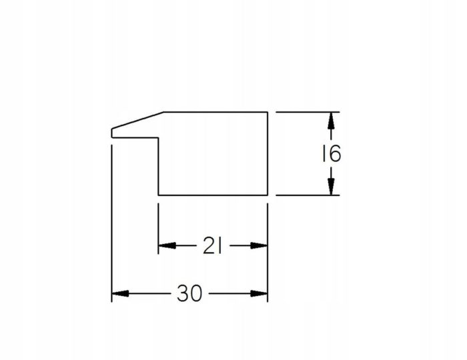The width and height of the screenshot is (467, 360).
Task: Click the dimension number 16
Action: click(x=332, y=154)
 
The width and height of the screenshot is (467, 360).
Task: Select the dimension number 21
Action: click(x=212, y=246)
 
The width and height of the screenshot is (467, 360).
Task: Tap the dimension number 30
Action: click(x=189, y=293)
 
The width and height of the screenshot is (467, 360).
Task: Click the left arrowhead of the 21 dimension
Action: click(x=167, y=246)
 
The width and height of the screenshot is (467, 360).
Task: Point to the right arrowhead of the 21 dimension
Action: click(x=259, y=246)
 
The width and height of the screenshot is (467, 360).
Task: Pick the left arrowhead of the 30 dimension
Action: click(x=120, y=293)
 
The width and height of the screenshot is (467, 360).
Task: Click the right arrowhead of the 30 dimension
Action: click(x=259, y=293)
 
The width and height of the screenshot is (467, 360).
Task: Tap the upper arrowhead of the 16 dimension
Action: click(x=331, y=121)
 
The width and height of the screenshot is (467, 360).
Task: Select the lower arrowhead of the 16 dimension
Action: click(x=331, y=187)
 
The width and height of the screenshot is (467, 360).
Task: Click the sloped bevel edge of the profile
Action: click(x=137, y=121)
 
